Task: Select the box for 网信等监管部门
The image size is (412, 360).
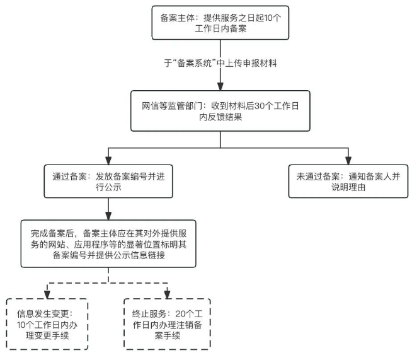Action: pos(220,112)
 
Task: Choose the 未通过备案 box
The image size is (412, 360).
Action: pos(348,181)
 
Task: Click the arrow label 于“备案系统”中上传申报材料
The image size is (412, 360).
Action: pos(220,64)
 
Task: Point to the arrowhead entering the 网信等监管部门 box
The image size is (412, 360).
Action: pos(220,88)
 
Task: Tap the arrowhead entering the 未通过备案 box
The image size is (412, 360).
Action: pos(348,159)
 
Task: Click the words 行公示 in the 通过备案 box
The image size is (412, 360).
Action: pos(74,188)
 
